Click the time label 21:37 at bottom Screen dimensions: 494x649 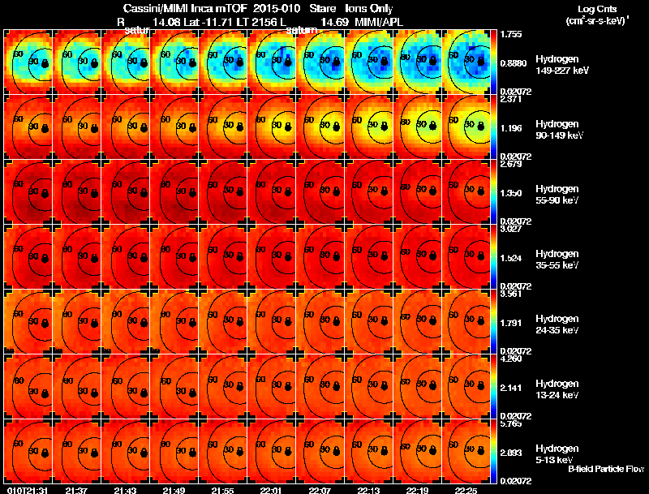tap(77, 490)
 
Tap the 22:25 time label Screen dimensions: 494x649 tap(466, 490)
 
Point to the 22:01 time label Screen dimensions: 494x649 tap(271, 490)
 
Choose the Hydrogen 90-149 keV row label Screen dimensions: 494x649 tap(556, 130)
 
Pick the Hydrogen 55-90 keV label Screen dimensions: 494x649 tap(556, 195)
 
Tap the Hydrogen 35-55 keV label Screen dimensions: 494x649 tap(556, 260)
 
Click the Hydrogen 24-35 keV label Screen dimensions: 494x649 tap(556, 324)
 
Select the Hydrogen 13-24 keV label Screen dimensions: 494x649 tap(556, 389)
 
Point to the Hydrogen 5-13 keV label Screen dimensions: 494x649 tap(556, 454)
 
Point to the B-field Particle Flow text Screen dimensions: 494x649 tap(605, 469)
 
